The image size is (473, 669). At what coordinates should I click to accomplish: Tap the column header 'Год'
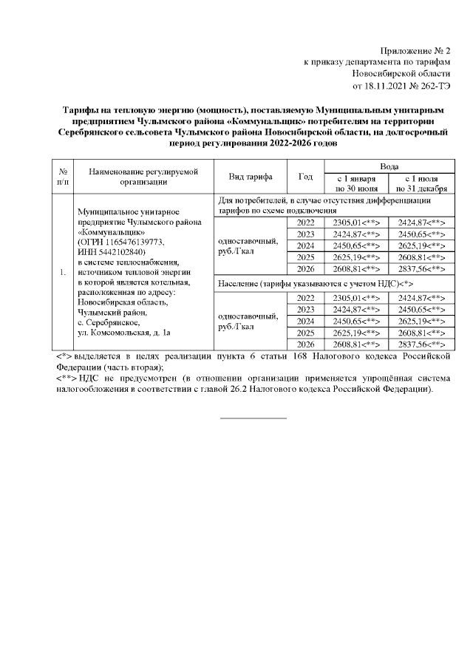(x=304, y=177)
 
